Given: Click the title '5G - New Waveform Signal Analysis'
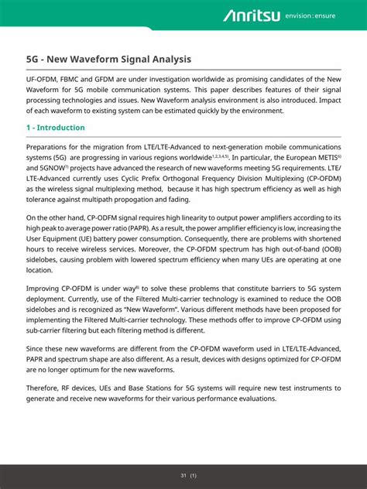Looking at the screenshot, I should tap(108, 59).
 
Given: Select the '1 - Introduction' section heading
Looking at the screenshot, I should tap(56, 128).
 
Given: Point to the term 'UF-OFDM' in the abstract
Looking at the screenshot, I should tap(43, 78).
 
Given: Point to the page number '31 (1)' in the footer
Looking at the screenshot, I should tap(187, 475).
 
